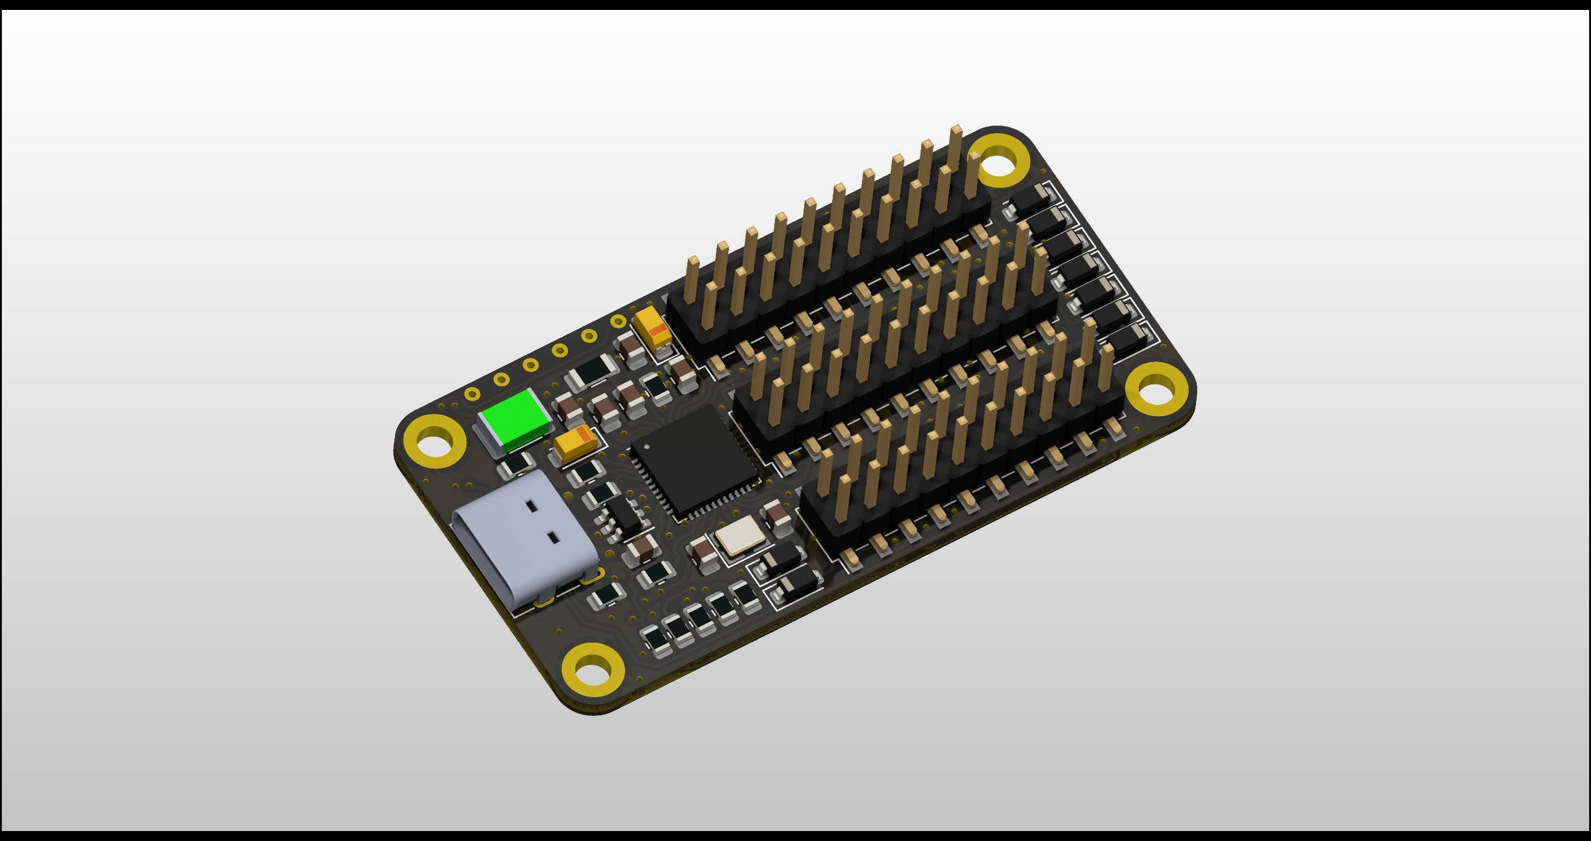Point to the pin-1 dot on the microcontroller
tap(647, 446)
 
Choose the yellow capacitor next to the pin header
tap(652, 328)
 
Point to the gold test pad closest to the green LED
tap(472, 394)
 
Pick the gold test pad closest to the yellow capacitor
tap(618, 322)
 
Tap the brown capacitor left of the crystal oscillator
tap(703, 552)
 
